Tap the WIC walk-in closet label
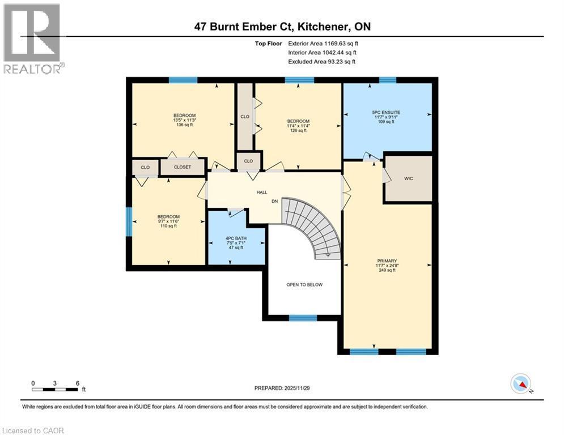408,178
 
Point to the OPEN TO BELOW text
304,284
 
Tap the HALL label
261,193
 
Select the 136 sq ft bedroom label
184,120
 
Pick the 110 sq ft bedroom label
168,221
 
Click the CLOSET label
182,168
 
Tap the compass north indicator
520,384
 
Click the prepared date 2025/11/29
283,388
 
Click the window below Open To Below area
303,318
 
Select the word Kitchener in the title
315,27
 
